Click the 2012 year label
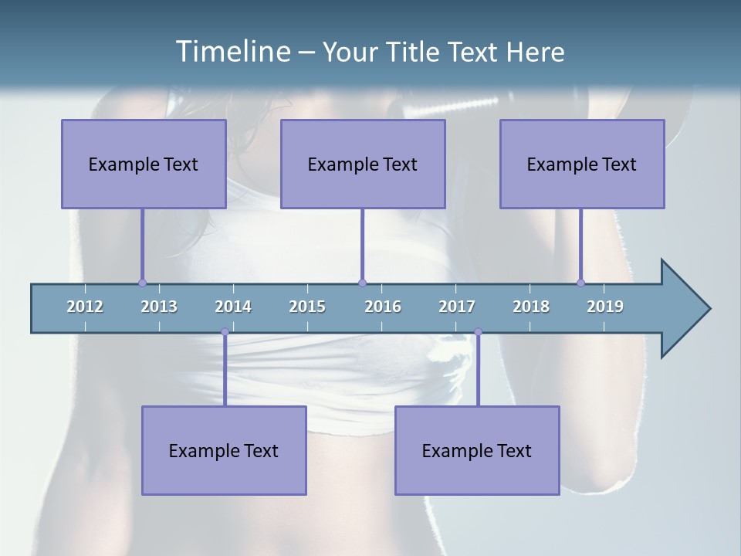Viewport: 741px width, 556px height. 85,307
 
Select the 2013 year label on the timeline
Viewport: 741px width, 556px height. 159,307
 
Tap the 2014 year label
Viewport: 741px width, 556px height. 233,307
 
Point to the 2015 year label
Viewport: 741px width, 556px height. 307,307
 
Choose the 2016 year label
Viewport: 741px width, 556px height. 383,307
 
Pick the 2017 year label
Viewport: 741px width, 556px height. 457,307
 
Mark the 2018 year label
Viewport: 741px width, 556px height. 531,307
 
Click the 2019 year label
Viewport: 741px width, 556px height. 605,307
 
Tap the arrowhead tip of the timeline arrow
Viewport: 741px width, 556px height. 708,309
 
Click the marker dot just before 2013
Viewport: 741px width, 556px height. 142,283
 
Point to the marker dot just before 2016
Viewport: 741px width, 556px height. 362,283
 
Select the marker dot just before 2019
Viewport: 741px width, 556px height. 580,283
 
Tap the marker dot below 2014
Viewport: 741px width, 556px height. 225,332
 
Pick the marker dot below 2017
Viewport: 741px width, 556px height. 478,332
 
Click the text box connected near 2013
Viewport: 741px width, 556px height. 144,164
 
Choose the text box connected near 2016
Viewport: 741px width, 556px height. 363,164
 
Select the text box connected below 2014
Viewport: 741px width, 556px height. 224,450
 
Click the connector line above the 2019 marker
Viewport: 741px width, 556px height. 580,244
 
